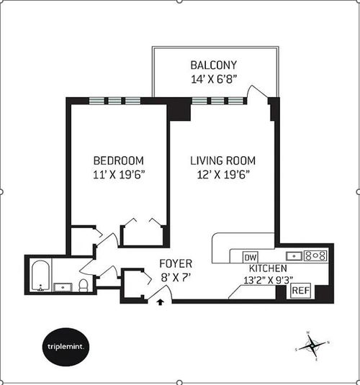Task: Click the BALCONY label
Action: [x=214, y=65]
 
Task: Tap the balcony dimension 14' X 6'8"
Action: [x=214, y=79]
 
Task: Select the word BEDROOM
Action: [x=119, y=160]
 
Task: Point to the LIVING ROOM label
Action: [x=223, y=160]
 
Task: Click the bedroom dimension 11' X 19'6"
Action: [x=119, y=175]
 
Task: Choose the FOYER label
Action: [x=176, y=263]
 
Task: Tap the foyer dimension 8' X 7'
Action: [x=176, y=278]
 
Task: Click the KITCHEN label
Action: [x=268, y=268]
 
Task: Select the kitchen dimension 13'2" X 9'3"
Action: [x=268, y=280]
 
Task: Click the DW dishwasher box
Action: [x=250, y=258]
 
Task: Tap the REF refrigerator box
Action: [x=300, y=291]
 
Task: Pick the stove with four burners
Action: [x=316, y=255]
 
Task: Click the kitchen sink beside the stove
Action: [x=294, y=256]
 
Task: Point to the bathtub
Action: [x=40, y=276]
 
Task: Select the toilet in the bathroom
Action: [x=84, y=286]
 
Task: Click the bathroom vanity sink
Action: [x=63, y=287]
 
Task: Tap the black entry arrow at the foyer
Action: [x=161, y=302]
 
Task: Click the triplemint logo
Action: [x=66, y=347]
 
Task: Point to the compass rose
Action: [x=312, y=346]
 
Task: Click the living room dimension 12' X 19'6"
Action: [x=223, y=175]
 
